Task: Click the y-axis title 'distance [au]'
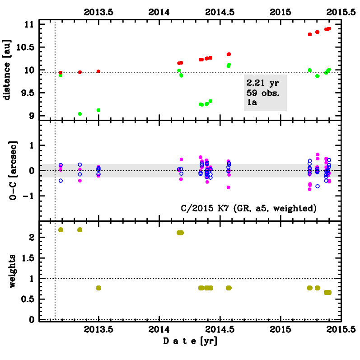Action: [7, 70]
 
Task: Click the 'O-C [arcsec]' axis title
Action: [7, 171]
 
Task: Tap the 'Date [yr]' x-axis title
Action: [190, 341]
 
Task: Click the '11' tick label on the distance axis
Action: [29, 24]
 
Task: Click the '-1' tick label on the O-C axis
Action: [28, 196]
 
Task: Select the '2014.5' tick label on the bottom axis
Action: [220, 329]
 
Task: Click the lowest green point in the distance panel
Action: [80, 114]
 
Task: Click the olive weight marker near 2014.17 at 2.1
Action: [180, 233]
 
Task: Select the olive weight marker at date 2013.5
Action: [98, 288]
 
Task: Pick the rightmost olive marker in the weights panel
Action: [329, 292]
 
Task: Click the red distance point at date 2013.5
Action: [98, 71]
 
